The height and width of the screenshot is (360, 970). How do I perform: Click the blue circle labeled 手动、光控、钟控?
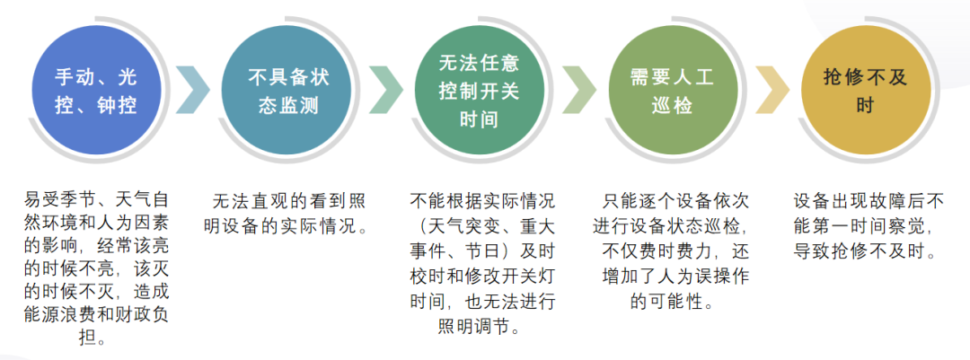coord(95,90)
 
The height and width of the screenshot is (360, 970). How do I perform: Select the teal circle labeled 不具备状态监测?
coord(288,90)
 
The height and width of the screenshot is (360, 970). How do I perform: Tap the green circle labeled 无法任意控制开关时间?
coord(479,90)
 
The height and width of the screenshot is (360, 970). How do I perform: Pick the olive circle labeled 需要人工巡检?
coord(672,90)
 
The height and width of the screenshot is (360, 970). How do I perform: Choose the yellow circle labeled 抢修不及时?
coord(865,90)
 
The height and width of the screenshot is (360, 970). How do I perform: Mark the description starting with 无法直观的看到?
coord(288,212)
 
